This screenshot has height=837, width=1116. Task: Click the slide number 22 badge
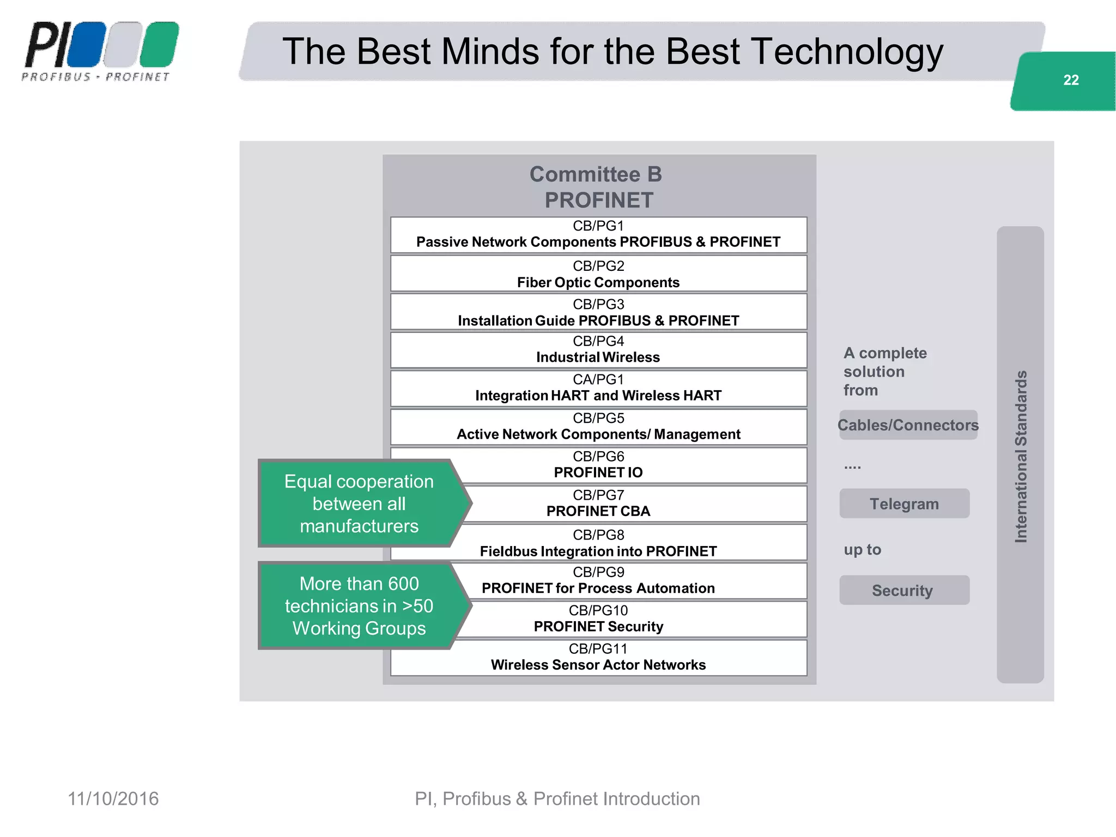point(1070,81)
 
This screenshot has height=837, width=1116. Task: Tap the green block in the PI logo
point(159,45)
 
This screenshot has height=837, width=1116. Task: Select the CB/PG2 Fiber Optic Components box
point(598,274)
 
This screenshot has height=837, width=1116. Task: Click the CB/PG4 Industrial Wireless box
point(598,349)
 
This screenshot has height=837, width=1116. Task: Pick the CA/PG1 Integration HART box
point(598,388)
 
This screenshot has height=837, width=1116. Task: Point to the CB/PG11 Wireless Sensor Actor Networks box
point(598,657)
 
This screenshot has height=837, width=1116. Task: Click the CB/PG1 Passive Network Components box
point(598,234)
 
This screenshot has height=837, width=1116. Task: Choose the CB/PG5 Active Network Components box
point(598,427)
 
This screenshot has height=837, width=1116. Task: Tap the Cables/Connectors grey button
point(908,425)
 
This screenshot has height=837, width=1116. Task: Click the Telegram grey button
point(904,504)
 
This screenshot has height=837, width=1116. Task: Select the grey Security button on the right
point(904,590)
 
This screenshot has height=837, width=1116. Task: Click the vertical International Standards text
point(1021,456)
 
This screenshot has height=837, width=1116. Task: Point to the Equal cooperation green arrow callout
point(359,504)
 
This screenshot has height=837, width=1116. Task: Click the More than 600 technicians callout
point(359,606)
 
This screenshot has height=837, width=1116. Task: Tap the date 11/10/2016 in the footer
point(113,799)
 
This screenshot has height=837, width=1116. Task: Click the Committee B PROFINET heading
point(598,187)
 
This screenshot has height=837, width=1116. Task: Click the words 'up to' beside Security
point(862,549)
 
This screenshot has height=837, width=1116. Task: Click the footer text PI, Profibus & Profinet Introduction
point(557,799)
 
